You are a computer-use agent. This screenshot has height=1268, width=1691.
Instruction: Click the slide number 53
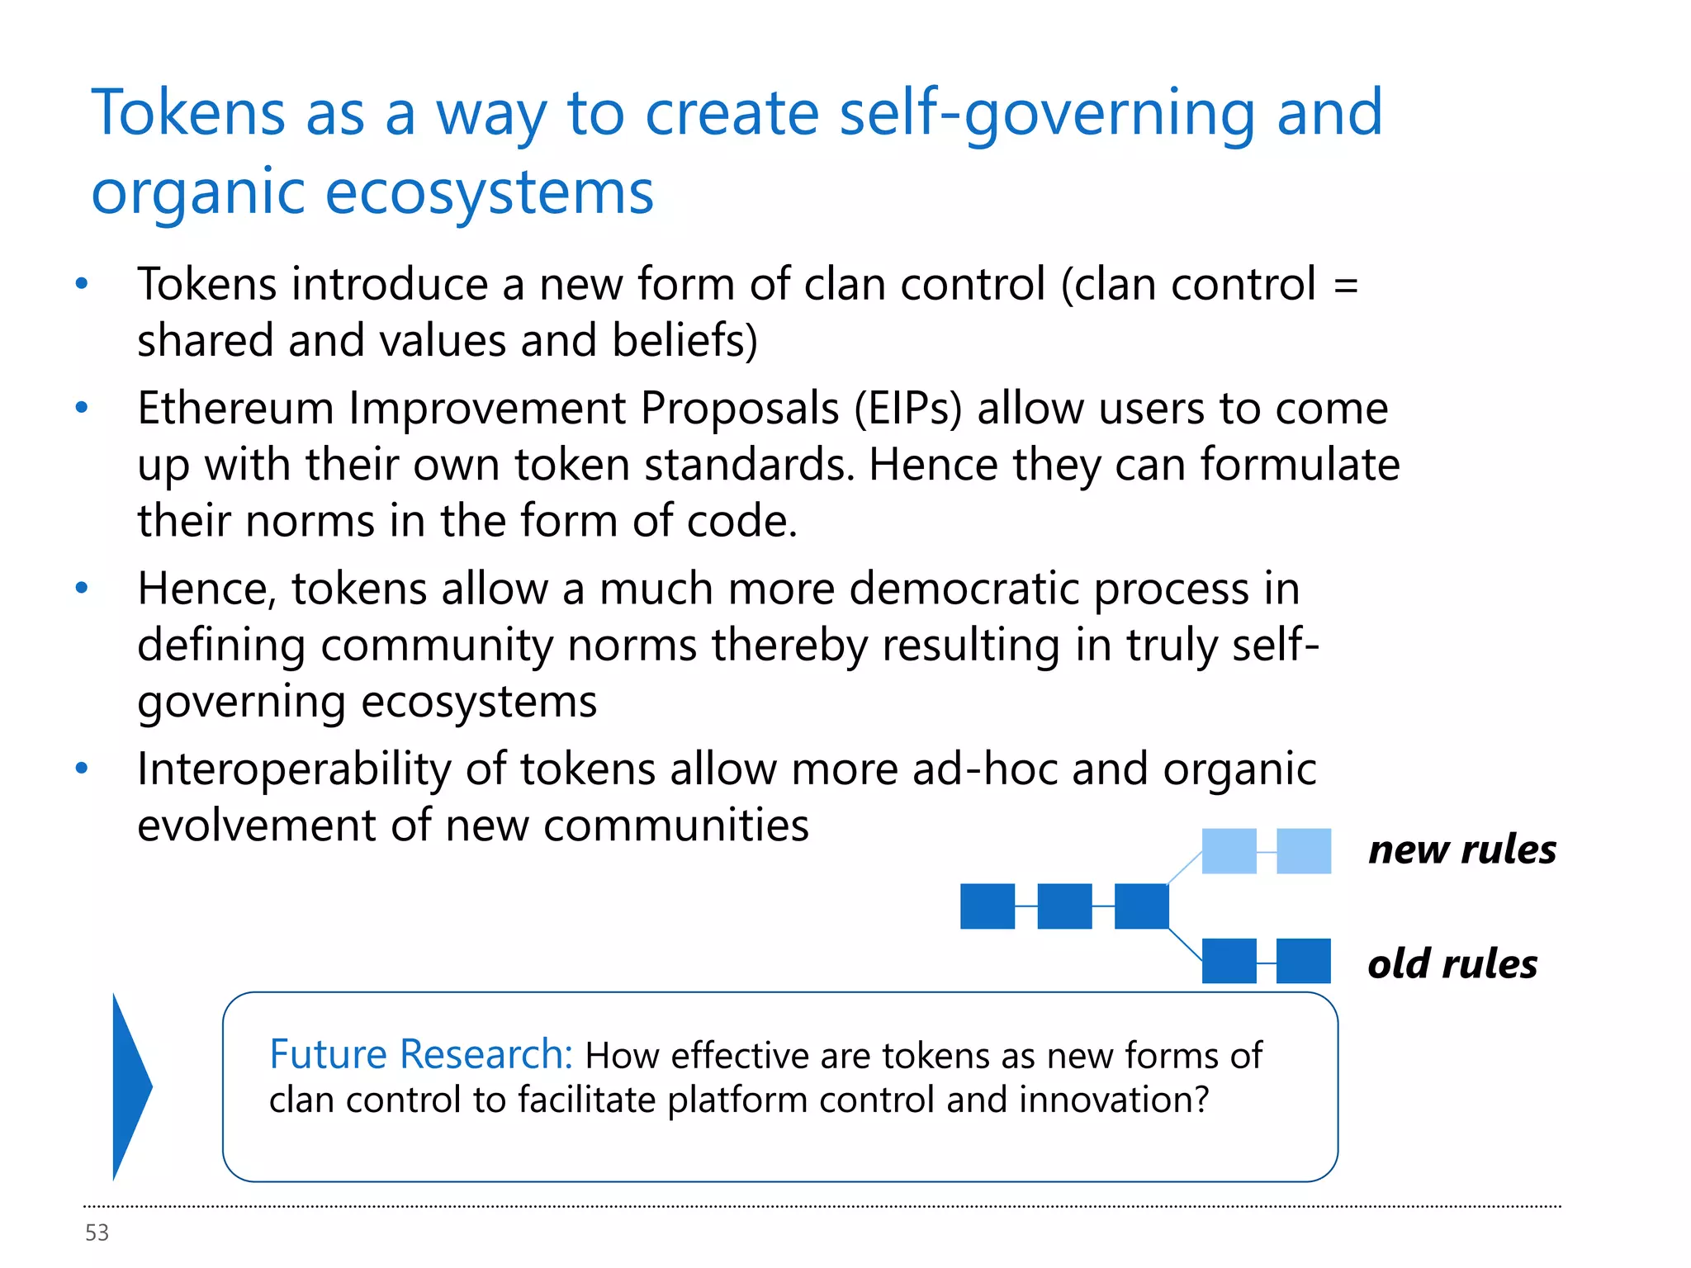(97, 1233)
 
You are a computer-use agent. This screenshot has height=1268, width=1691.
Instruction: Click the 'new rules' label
(1461, 849)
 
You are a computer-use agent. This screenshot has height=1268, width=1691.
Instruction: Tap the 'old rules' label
(1452, 963)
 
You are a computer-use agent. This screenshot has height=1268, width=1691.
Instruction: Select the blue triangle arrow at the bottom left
(130, 1086)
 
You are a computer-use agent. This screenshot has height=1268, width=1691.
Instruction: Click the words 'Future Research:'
(421, 1055)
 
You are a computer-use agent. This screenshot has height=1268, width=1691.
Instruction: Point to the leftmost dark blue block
(988, 906)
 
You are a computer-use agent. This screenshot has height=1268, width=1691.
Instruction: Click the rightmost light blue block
(1304, 851)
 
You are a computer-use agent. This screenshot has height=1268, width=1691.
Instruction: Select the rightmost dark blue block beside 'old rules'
(1304, 961)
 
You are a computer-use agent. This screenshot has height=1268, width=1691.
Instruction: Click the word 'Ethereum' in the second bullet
(234, 408)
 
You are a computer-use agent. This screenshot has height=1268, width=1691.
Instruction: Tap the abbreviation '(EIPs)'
(907, 408)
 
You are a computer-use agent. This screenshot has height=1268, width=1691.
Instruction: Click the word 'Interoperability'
(294, 769)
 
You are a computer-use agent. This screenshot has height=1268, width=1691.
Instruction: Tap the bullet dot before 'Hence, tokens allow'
(81, 589)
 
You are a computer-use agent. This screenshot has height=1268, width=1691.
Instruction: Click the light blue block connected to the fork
(1229, 851)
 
